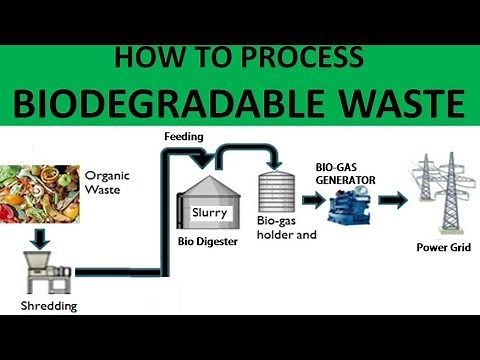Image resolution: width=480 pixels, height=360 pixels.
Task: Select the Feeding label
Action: (184, 134)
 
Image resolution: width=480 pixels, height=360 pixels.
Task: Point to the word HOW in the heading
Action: (146, 58)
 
